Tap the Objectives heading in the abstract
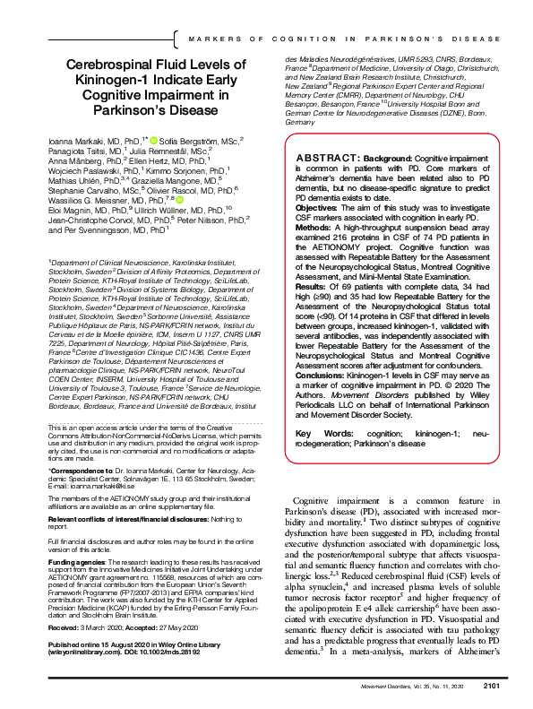[x=316, y=205]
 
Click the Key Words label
[x=317, y=433]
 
